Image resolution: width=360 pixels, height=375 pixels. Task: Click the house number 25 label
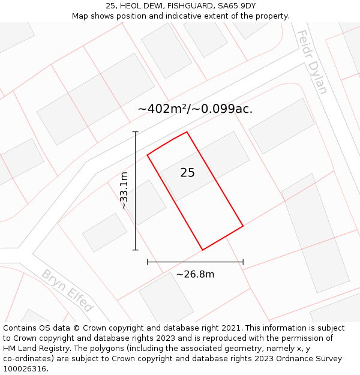coord(187,173)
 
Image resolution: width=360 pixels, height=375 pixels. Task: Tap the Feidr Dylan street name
coord(312,62)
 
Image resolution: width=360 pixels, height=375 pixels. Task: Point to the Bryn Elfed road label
coord(67,291)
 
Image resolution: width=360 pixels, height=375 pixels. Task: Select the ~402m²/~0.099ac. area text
coord(195,109)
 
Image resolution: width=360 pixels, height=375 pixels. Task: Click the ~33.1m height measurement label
coord(124,190)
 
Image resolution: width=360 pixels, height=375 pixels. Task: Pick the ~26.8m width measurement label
coord(195,274)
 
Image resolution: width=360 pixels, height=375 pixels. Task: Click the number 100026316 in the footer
coord(24,369)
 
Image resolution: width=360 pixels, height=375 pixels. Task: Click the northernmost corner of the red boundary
coord(187,132)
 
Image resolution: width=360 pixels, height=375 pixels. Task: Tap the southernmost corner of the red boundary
coord(202,250)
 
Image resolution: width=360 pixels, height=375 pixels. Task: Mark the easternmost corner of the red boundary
coord(243,226)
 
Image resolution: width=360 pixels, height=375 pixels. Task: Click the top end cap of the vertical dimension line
coord(136,132)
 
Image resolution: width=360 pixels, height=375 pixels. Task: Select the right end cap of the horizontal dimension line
coord(243,262)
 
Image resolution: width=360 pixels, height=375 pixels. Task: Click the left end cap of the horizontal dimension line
coord(148,262)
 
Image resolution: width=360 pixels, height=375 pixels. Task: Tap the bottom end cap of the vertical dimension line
coord(136,250)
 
